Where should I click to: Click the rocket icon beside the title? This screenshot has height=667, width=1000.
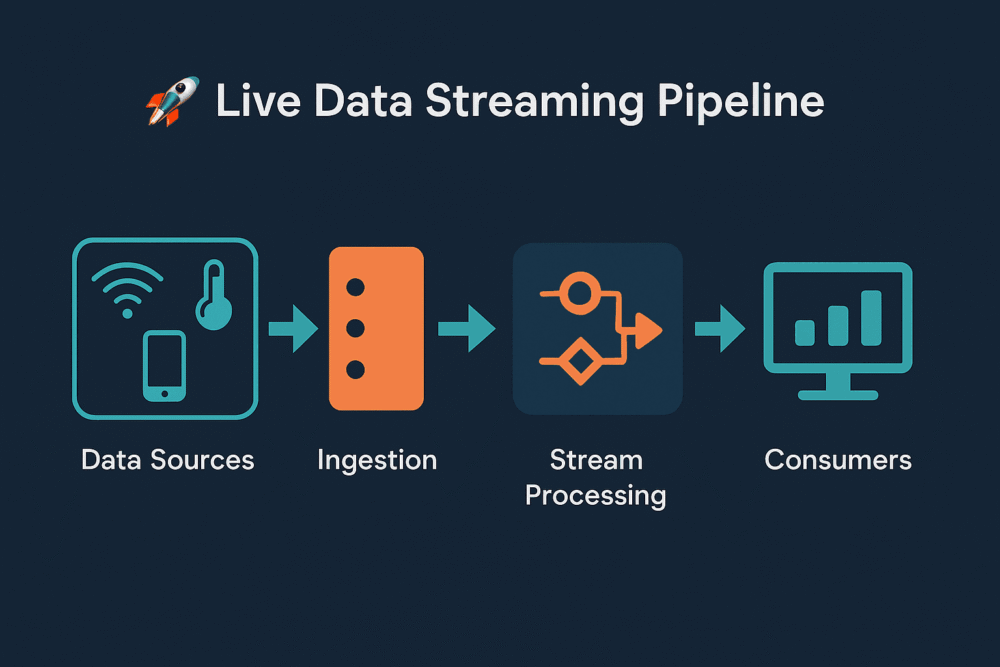(172, 101)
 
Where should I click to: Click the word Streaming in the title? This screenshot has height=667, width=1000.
(535, 103)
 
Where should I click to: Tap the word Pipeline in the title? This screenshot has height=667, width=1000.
(740, 102)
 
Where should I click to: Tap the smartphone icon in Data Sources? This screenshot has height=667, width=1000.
(165, 366)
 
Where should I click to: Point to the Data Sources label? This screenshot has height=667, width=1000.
(168, 460)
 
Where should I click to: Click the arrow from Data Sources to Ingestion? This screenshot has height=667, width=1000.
(293, 328)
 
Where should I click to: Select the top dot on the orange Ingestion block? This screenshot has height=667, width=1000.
(355, 287)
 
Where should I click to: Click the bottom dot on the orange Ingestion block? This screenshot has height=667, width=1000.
(355, 369)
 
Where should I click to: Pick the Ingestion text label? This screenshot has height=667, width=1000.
(377, 461)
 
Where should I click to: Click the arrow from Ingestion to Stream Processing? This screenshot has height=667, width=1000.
(467, 328)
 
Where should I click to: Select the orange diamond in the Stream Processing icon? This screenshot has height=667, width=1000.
(580, 362)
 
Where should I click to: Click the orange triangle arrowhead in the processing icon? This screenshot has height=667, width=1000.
(648, 330)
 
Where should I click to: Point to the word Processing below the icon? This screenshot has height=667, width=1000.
(596, 496)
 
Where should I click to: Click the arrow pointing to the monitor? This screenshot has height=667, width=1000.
(720, 328)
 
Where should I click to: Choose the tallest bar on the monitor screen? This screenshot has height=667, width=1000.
(871, 318)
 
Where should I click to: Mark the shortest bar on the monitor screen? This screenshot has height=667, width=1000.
(805, 333)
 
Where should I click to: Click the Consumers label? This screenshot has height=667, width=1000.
(838, 460)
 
